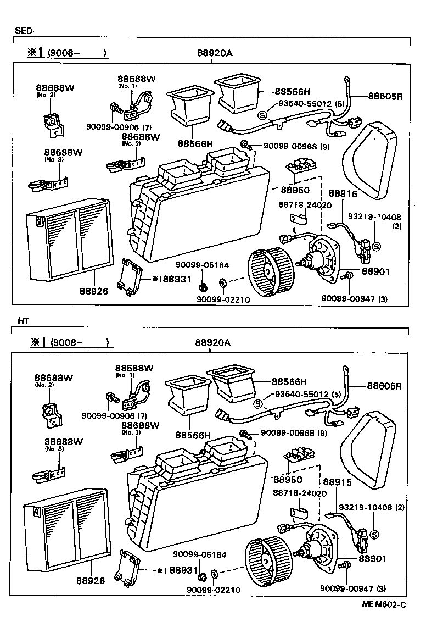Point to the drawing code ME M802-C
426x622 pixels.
384,605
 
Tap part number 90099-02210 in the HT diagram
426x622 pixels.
213,590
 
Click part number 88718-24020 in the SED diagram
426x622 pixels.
304,204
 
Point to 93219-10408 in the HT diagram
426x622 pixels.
365,507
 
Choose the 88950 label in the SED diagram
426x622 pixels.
294,190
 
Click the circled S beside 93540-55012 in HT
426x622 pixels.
259,405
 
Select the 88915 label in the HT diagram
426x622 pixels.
337,481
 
